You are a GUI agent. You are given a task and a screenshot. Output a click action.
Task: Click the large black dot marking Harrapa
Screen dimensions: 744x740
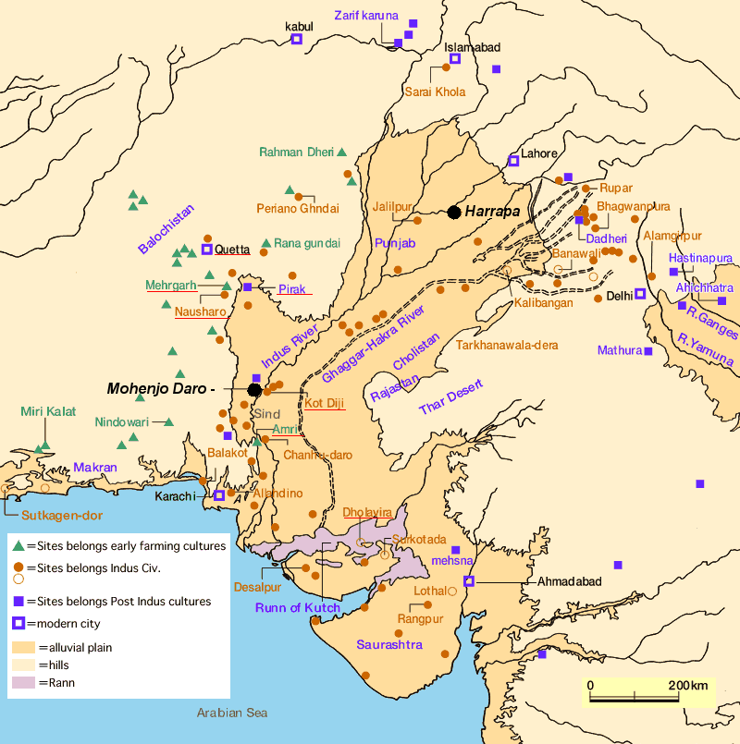454,213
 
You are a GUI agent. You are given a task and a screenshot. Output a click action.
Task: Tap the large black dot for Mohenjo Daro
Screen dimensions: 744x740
254,390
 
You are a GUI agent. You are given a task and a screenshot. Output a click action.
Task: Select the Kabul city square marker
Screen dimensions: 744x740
298,40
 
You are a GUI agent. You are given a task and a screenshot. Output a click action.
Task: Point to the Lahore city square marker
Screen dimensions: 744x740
513,161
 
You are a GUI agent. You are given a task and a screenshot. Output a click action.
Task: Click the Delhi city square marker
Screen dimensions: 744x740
639,295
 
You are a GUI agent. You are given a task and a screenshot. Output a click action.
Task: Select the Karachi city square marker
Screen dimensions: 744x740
219,495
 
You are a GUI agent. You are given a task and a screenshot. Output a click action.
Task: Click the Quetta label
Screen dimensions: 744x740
233,250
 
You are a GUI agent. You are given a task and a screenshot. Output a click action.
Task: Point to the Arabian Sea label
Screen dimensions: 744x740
231,713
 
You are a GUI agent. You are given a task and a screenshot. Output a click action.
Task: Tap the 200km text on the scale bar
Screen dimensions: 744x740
687,685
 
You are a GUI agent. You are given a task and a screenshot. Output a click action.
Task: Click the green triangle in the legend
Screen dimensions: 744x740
18,545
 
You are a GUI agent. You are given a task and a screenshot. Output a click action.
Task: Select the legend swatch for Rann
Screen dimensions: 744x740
23,683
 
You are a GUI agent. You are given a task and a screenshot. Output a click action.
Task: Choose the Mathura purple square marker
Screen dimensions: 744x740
648,350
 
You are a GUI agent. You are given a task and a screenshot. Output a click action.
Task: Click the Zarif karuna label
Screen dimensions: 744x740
366,15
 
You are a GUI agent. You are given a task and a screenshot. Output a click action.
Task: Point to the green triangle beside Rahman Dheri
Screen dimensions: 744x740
341,152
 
